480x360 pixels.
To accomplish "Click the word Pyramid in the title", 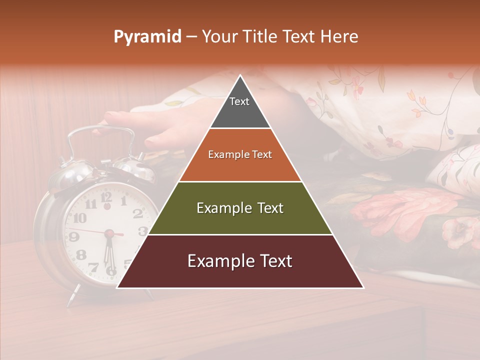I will pyautogui.click(x=147, y=37).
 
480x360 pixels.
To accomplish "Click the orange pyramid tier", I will pyautogui.click(x=240, y=155).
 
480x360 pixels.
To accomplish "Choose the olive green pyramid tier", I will pyautogui.click(x=240, y=208).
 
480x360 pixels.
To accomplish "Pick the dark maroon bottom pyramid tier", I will pyautogui.click(x=240, y=261).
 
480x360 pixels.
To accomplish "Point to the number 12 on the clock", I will pyautogui.click(x=106, y=196).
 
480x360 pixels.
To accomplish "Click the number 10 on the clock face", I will pyautogui.click(x=79, y=218).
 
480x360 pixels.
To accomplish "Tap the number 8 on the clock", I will pyautogui.click(x=80, y=255).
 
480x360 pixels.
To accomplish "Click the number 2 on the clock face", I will pyautogui.click(x=137, y=213).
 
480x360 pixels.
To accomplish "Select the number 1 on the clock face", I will pyautogui.click(x=123, y=201).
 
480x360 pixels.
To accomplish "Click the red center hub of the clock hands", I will pyautogui.click(x=108, y=233).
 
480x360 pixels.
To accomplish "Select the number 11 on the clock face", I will pyautogui.click(x=90, y=204).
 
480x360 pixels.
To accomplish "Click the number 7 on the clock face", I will pyautogui.click(x=93, y=267).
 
